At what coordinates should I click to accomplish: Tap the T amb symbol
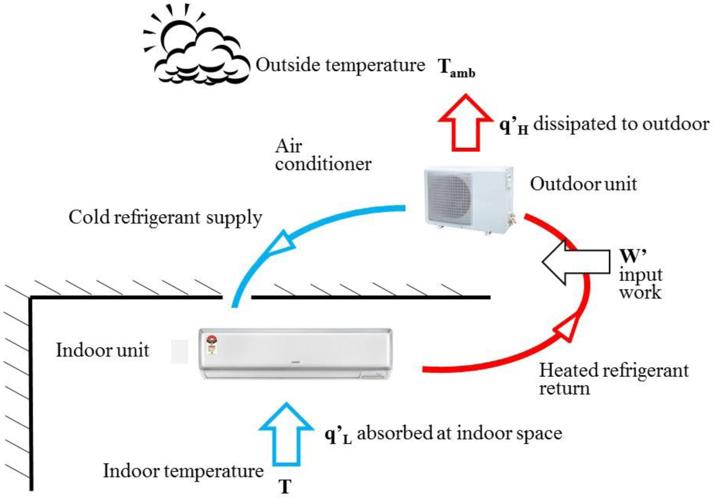coord(456,68)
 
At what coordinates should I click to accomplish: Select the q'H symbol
coord(513,126)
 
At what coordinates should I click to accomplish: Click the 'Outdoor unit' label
coord(583,184)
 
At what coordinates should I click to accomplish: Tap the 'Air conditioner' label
coord(323,155)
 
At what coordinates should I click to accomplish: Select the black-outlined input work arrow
coord(575,262)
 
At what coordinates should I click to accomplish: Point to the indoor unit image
coord(295,354)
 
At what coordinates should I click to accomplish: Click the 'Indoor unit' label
coord(103,350)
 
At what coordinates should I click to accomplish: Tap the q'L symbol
coord(338,435)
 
